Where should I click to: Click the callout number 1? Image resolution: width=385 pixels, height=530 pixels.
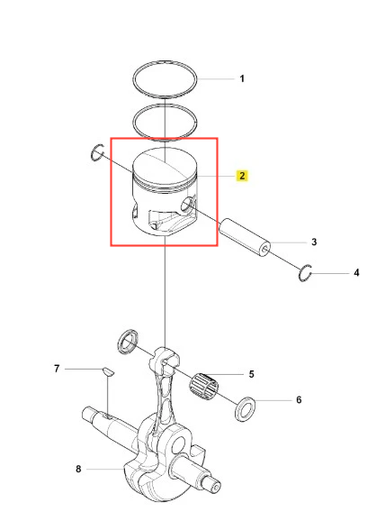pos(242,78)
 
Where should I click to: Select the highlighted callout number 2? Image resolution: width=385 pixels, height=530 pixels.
pos(242,176)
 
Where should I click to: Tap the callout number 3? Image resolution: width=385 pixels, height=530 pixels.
pos(314,242)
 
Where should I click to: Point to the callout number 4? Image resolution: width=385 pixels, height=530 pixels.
pos(356,273)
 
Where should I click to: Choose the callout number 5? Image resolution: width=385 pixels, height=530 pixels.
pos(251,374)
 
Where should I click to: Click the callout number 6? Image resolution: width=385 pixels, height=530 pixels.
pos(299,400)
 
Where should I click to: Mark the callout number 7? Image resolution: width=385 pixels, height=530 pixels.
pos(57,369)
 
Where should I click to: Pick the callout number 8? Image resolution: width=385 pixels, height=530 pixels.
pos(78,469)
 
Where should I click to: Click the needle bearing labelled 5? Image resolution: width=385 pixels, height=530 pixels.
pos(203,384)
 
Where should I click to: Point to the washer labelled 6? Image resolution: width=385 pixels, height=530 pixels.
pos(245,409)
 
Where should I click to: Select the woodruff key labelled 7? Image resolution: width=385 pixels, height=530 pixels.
pos(108,371)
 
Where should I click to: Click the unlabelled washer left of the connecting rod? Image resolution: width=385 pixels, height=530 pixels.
pos(127,342)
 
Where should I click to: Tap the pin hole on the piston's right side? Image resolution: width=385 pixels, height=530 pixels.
pos(188,205)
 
